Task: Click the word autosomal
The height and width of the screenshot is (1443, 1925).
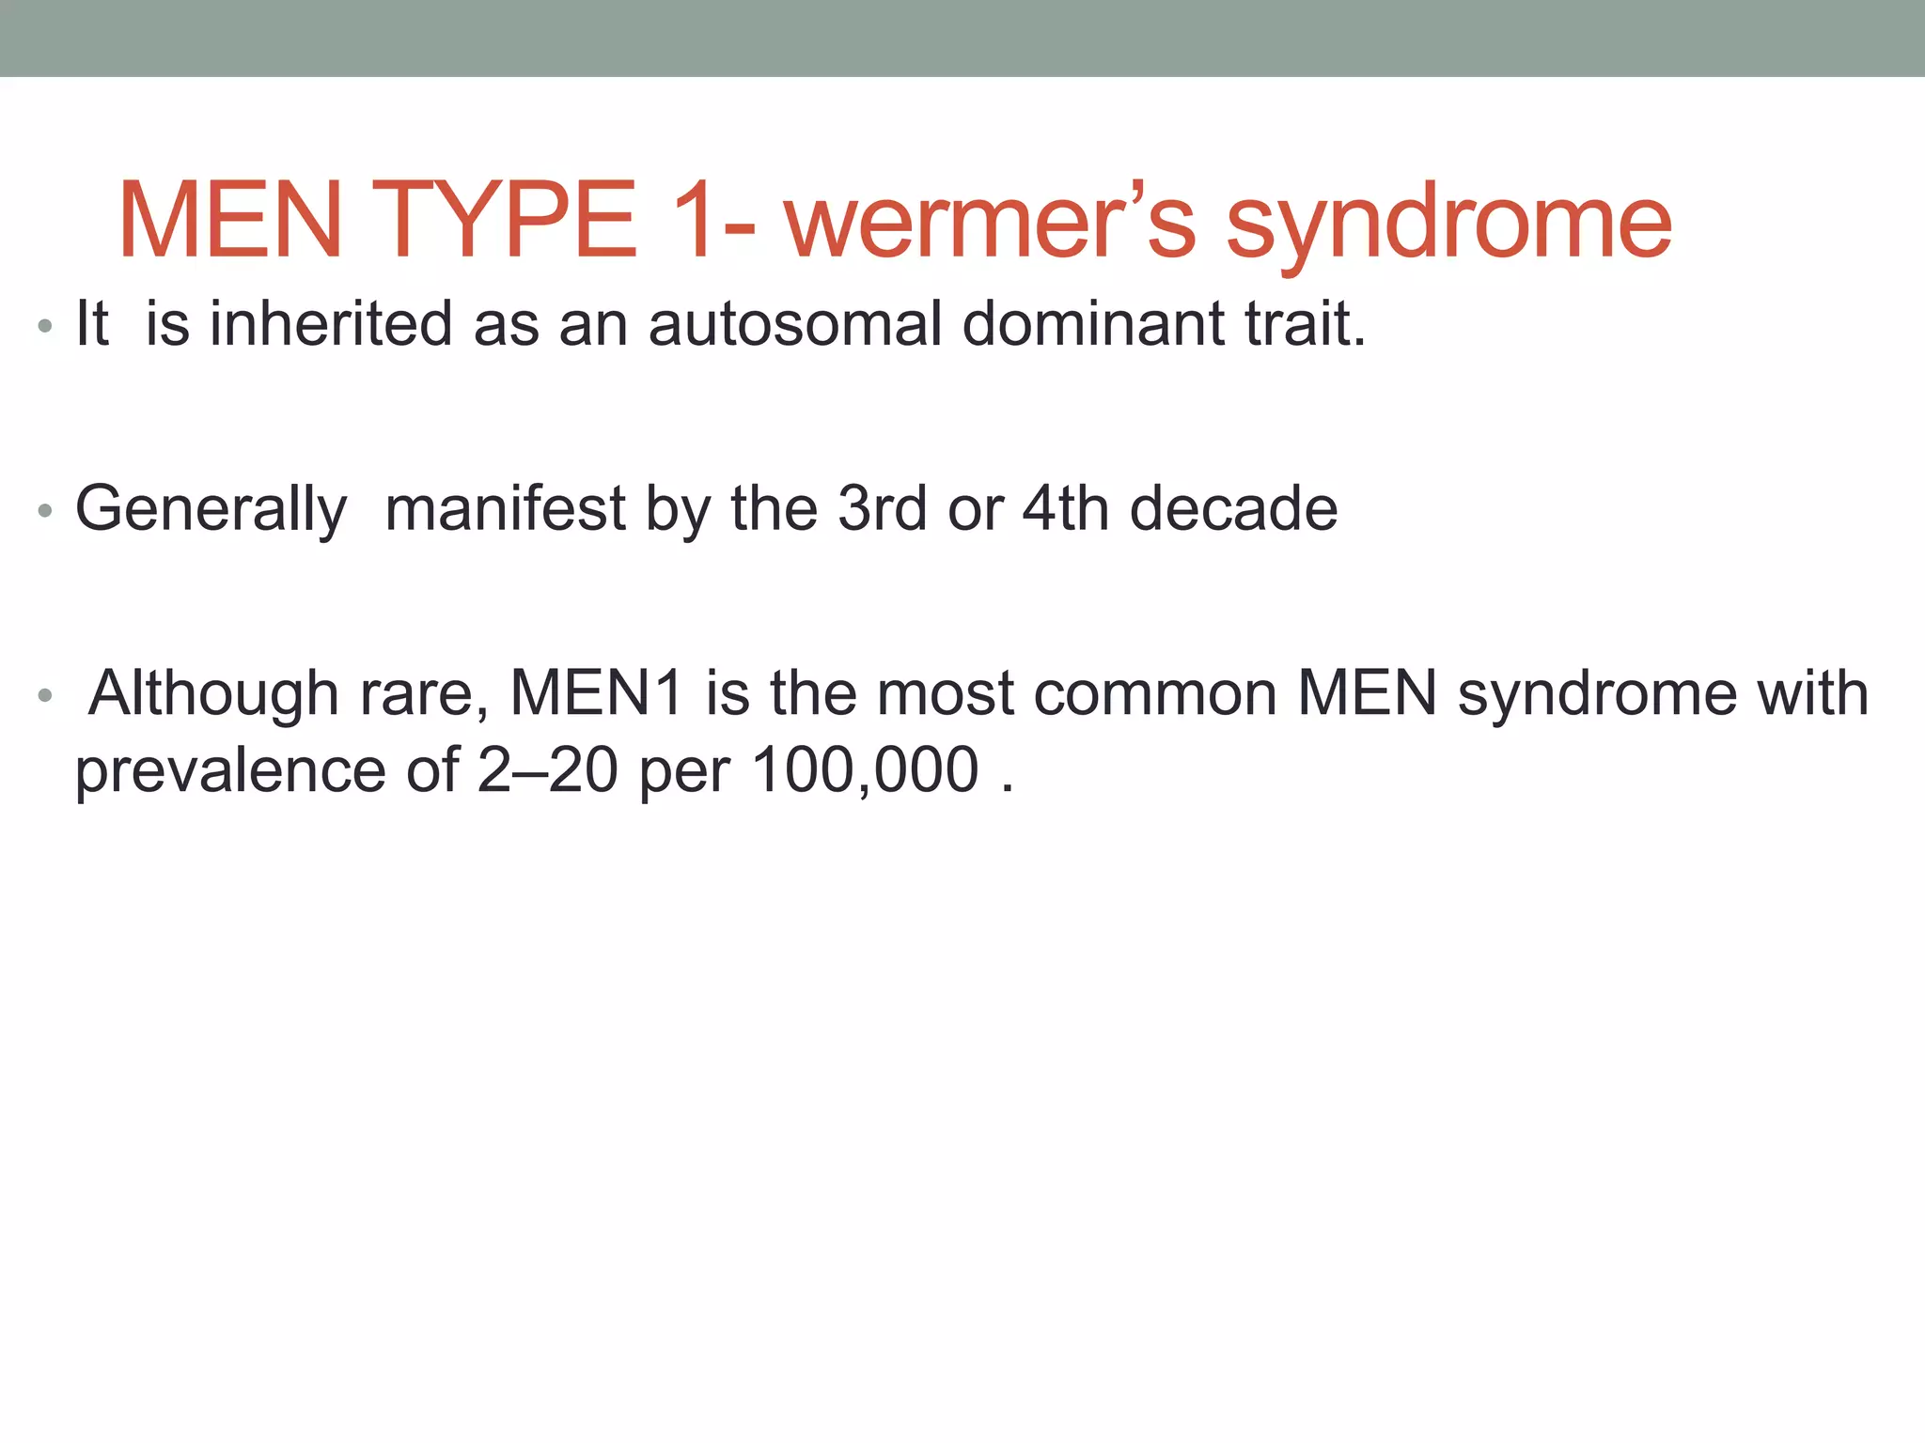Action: [794, 324]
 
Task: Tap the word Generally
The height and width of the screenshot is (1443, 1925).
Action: [211, 510]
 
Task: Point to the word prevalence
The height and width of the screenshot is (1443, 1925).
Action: [230, 772]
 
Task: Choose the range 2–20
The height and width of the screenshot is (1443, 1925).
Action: [547, 770]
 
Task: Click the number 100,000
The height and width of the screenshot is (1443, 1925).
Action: [865, 770]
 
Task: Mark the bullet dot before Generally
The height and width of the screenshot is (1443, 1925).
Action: [44, 512]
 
